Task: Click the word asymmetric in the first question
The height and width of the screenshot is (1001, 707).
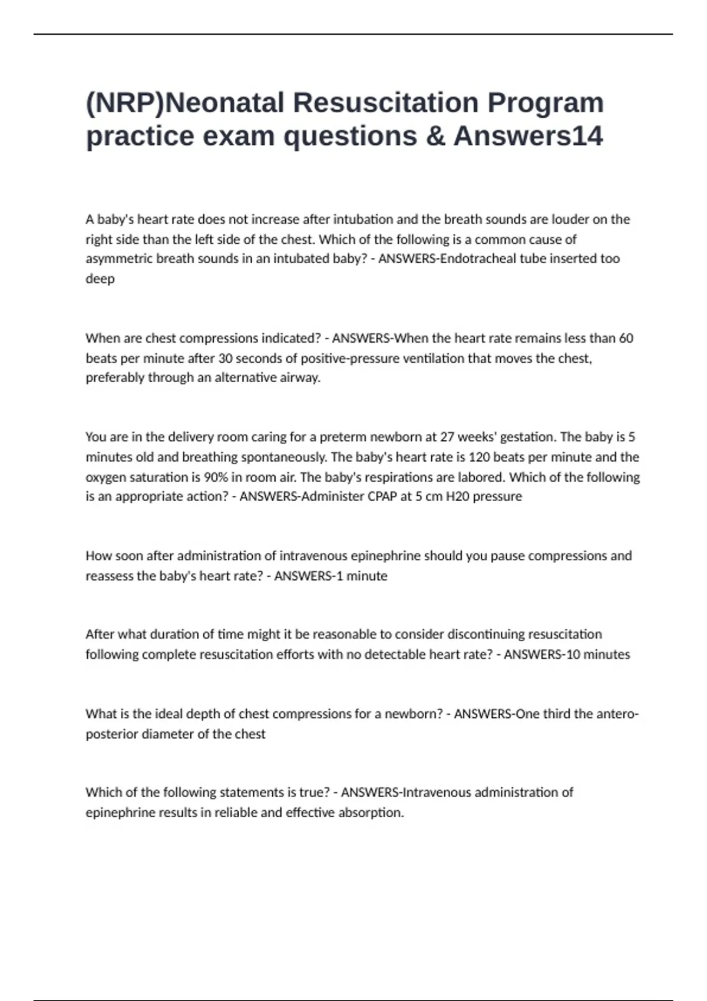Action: pyautogui.click(x=118, y=259)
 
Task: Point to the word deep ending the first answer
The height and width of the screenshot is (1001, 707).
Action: pyautogui.click(x=100, y=279)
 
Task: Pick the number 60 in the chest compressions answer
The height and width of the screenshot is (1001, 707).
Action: pyautogui.click(x=626, y=339)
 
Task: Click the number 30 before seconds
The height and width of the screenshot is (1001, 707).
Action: pyautogui.click(x=226, y=359)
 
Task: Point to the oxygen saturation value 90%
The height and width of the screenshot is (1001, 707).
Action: pyautogui.click(x=216, y=478)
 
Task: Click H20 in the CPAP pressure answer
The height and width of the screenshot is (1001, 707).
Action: pyautogui.click(x=457, y=497)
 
